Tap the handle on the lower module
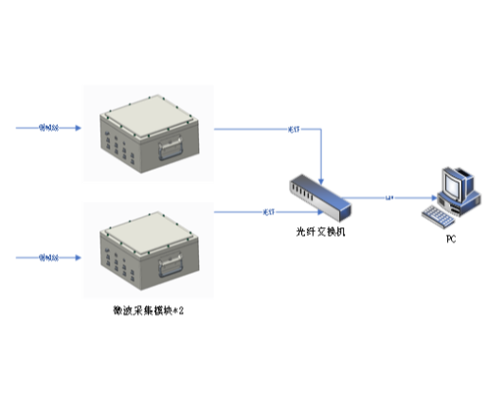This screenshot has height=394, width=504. [171, 266]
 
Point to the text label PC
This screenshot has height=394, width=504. [451, 239]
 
